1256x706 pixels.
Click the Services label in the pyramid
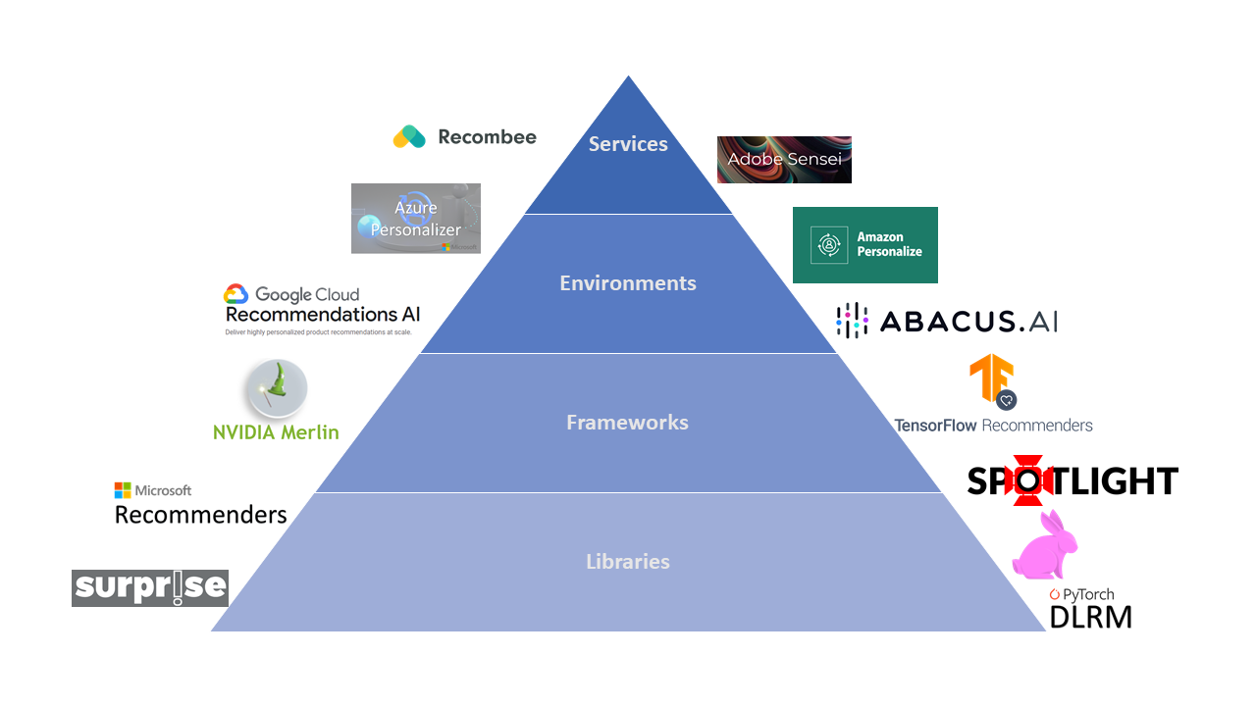tap(628, 144)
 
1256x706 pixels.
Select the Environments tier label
tap(628, 283)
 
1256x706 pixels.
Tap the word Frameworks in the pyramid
tap(627, 423)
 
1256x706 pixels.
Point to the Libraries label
tap(628, 562)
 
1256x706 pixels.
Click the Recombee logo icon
tap(409, 137)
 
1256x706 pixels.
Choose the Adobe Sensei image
tap(784, 160)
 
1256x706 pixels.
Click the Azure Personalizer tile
tap(416, 219)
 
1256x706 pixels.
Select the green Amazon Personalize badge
tap(864, 245)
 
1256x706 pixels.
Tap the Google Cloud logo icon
tap(236, 294)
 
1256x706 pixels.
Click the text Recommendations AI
tap(323, 315)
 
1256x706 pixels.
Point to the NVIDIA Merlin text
tap(276, 431)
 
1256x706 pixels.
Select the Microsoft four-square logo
tap(123, 490)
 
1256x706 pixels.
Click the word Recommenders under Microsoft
tap(201, 514)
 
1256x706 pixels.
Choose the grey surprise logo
tap(150, 588)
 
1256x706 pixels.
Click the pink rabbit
tap(1045, 545)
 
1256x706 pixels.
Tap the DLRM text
tap(1090, 617)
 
